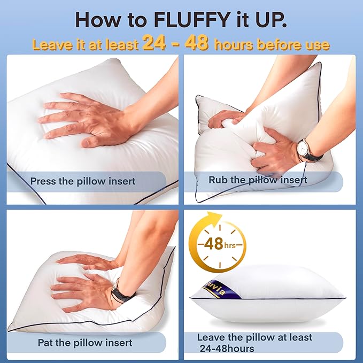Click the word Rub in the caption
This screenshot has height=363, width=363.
(219, 180)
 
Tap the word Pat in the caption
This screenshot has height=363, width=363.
(45, 342)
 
